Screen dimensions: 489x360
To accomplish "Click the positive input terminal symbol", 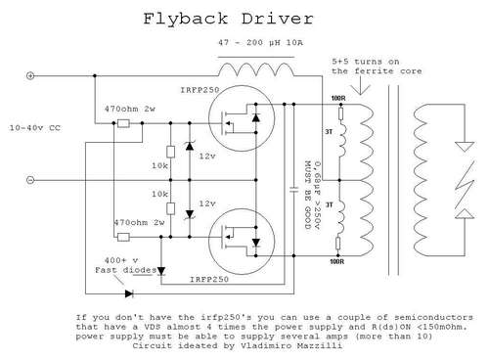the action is pos(30,76).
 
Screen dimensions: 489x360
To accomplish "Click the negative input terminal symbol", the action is pos(30,180).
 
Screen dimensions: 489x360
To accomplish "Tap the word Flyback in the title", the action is pos(186,20).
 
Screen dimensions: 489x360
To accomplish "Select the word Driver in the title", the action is pos(278,19).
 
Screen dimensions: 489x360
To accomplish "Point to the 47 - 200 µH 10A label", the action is pos(260,42).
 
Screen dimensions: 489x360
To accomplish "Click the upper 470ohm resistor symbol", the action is pos(123,123).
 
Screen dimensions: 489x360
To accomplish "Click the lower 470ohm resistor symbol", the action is pos(123,237).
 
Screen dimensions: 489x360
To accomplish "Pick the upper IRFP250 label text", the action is pos(200,90).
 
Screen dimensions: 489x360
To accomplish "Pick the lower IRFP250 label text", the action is pos(209,280).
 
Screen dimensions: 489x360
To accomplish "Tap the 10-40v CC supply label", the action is pos(35,128).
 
